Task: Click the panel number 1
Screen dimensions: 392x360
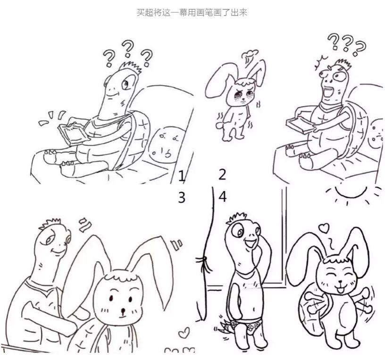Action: [182, 176]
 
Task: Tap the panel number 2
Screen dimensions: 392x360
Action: [222, 175]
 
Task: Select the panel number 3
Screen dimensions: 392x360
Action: [182, 197]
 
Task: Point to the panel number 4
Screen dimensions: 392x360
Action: [223, 197]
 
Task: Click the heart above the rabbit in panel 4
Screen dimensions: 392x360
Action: [325, 227]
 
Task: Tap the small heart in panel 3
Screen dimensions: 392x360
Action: [184, 333]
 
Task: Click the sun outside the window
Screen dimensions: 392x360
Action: [351, 193]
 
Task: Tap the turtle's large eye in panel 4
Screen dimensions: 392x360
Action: [237, 231]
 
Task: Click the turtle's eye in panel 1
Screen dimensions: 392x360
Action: [126, 84]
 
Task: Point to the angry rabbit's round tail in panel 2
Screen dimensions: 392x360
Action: [219, 124]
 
